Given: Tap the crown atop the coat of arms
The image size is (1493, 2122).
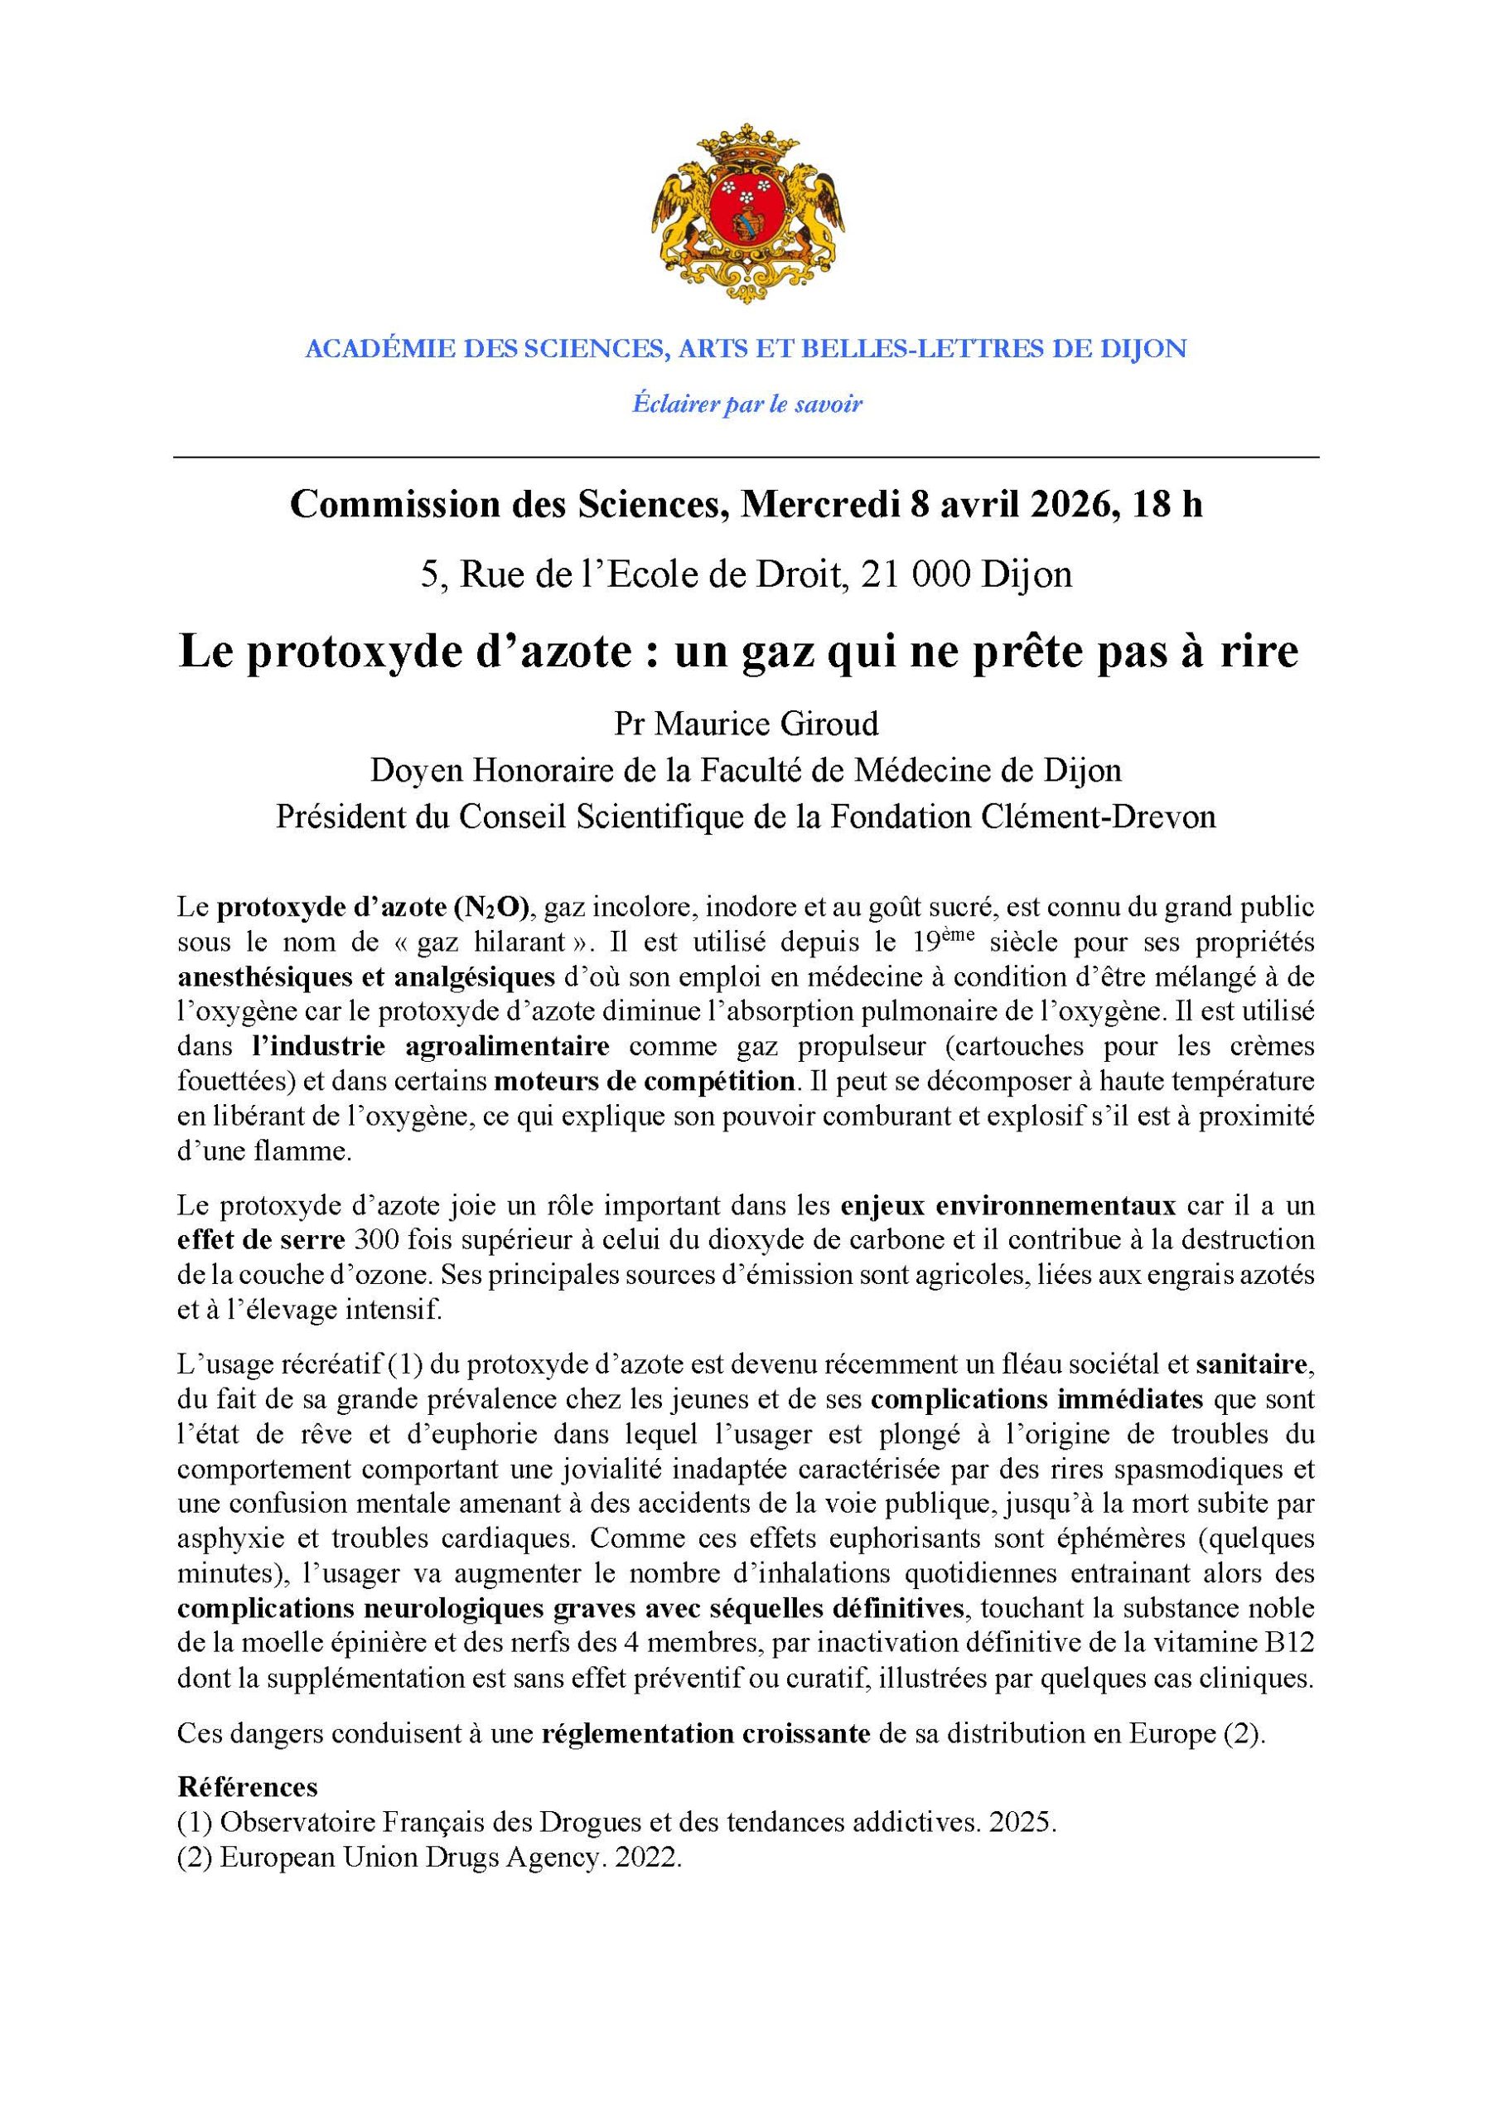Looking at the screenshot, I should coord(746,146).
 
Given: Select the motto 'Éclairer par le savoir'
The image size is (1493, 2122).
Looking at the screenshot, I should coord(746,404).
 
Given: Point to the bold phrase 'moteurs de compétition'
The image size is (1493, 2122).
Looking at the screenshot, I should coord(644,1080).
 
